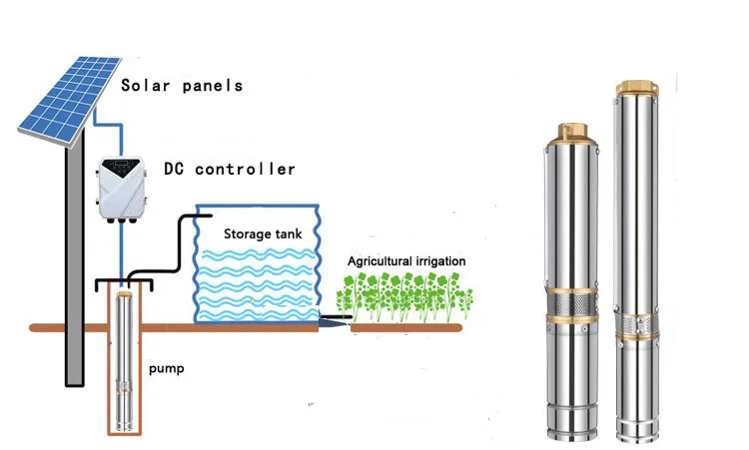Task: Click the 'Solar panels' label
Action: [182, 85]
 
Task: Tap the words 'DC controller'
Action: [230, 169]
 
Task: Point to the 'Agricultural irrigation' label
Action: [405, 261]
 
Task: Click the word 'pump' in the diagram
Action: [167, 368]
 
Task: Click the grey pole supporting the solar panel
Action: [73, 269]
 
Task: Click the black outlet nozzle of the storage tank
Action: [332, 321]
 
